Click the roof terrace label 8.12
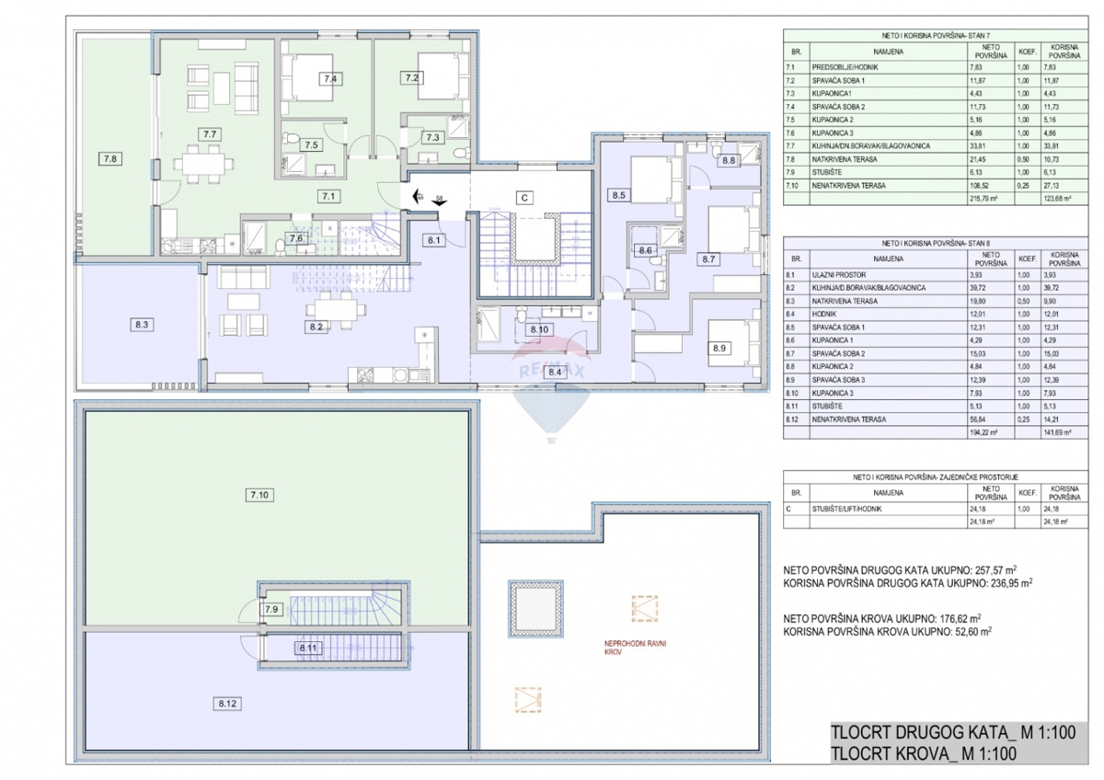point(229,704)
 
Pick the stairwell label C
point(523,196)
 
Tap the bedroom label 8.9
point(719,349)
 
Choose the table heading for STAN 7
point(935,34)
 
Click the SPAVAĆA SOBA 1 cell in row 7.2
point(841,80)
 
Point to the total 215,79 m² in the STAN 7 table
point(989,197)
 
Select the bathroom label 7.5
point(312,145)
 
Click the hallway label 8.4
point(555,373)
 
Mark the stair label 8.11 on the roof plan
point(307,648)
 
